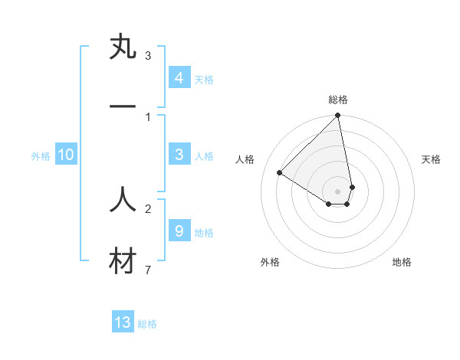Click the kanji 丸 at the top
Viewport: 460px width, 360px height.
tap(123, 47)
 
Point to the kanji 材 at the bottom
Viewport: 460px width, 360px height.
tap(123, 262)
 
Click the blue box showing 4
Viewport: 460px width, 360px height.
tap(179, 78)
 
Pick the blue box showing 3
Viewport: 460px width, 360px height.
tap(179, 155)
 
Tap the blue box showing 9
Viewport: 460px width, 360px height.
tap(179, 231)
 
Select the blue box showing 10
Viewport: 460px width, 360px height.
tap(66, 155)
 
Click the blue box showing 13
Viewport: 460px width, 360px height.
tap(123, 322)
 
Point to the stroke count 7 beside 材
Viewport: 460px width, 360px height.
tap(147, 270)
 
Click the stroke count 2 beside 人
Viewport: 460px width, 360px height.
tap(147, 208)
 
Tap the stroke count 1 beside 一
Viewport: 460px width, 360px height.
tap(147, 116)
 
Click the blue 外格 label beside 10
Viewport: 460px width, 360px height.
tap(41, 155)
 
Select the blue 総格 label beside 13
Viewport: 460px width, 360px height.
tap(147, 324)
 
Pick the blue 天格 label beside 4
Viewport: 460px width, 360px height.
tap(204, 79)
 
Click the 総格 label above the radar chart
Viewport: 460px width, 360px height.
tap(337, 100)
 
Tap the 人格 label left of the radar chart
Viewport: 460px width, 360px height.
tap(245, 159)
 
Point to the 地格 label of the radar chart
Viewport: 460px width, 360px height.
tap(402, 262)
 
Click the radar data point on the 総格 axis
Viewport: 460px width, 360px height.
tap(337, 116)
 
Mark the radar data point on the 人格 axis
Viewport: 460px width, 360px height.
tap(279, 172)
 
